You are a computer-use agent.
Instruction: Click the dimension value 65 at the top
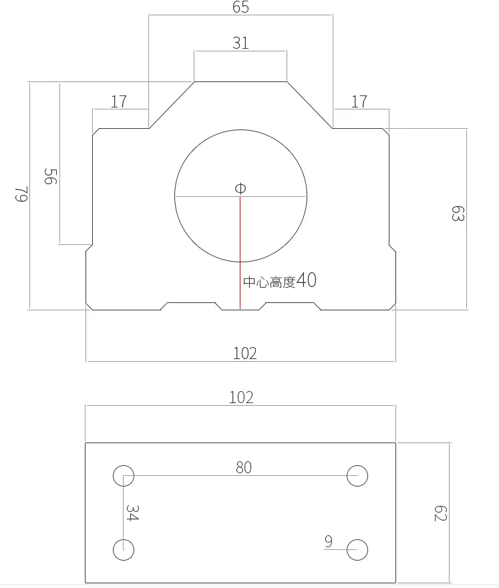[241, 8]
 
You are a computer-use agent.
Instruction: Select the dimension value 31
[240, 43]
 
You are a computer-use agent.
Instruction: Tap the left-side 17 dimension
[119, 102]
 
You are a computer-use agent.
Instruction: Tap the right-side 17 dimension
[359, 102]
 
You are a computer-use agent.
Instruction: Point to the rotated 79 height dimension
[21, 195]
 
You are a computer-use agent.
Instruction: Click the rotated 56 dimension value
[50, 177]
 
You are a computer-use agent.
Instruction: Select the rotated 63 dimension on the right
[458, 214]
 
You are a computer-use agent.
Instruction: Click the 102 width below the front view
[244, 353]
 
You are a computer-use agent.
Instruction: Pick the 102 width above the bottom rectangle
[241, 398]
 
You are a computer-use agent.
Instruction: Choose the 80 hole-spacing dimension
[244, 468]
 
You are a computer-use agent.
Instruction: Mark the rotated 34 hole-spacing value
[132, 513]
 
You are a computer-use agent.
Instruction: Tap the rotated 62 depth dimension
[440, 513]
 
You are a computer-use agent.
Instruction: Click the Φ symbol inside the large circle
[240, 189]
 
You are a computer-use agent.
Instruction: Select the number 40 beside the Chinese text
[307, 280]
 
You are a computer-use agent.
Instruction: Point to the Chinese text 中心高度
[269, 282]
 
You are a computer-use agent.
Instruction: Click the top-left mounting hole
[124, 476]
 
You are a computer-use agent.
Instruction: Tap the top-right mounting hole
[357, 476]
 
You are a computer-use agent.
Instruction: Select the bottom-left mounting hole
[124, 550]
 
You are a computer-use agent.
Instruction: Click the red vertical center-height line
[240, 254]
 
